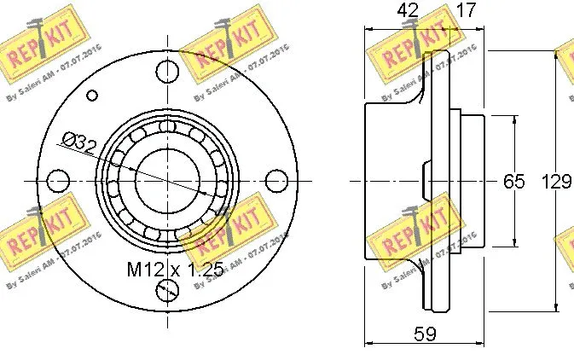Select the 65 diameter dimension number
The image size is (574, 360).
513,182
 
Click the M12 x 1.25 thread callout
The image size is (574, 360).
175,270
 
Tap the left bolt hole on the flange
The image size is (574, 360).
58,181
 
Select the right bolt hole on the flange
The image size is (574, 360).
276,181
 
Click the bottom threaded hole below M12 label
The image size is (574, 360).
167,291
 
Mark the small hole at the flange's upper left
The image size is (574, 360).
91,92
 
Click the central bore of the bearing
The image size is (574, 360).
167,181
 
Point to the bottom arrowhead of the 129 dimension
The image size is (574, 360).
560,308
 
